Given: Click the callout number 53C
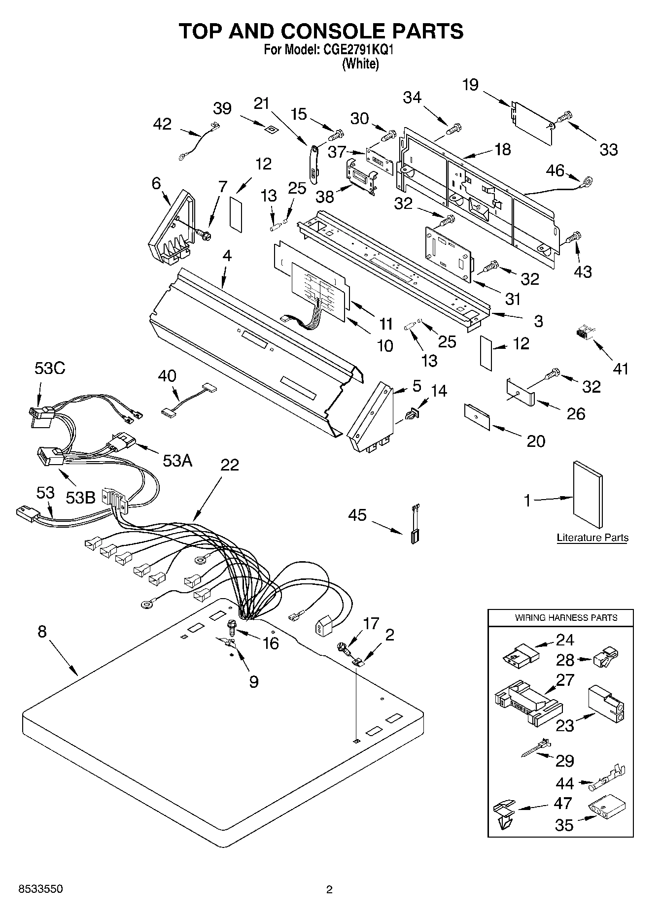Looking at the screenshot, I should [50, 368].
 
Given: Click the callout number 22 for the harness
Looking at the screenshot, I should [230, 465].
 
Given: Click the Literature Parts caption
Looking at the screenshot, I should [592, 538].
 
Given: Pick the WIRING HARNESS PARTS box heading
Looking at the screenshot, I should [566, 617].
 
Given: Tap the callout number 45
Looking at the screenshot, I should [357, 515].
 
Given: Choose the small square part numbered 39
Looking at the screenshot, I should [270, 130].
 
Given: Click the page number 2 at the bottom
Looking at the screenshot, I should [330, 889].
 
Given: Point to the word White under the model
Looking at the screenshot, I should [360, 64].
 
